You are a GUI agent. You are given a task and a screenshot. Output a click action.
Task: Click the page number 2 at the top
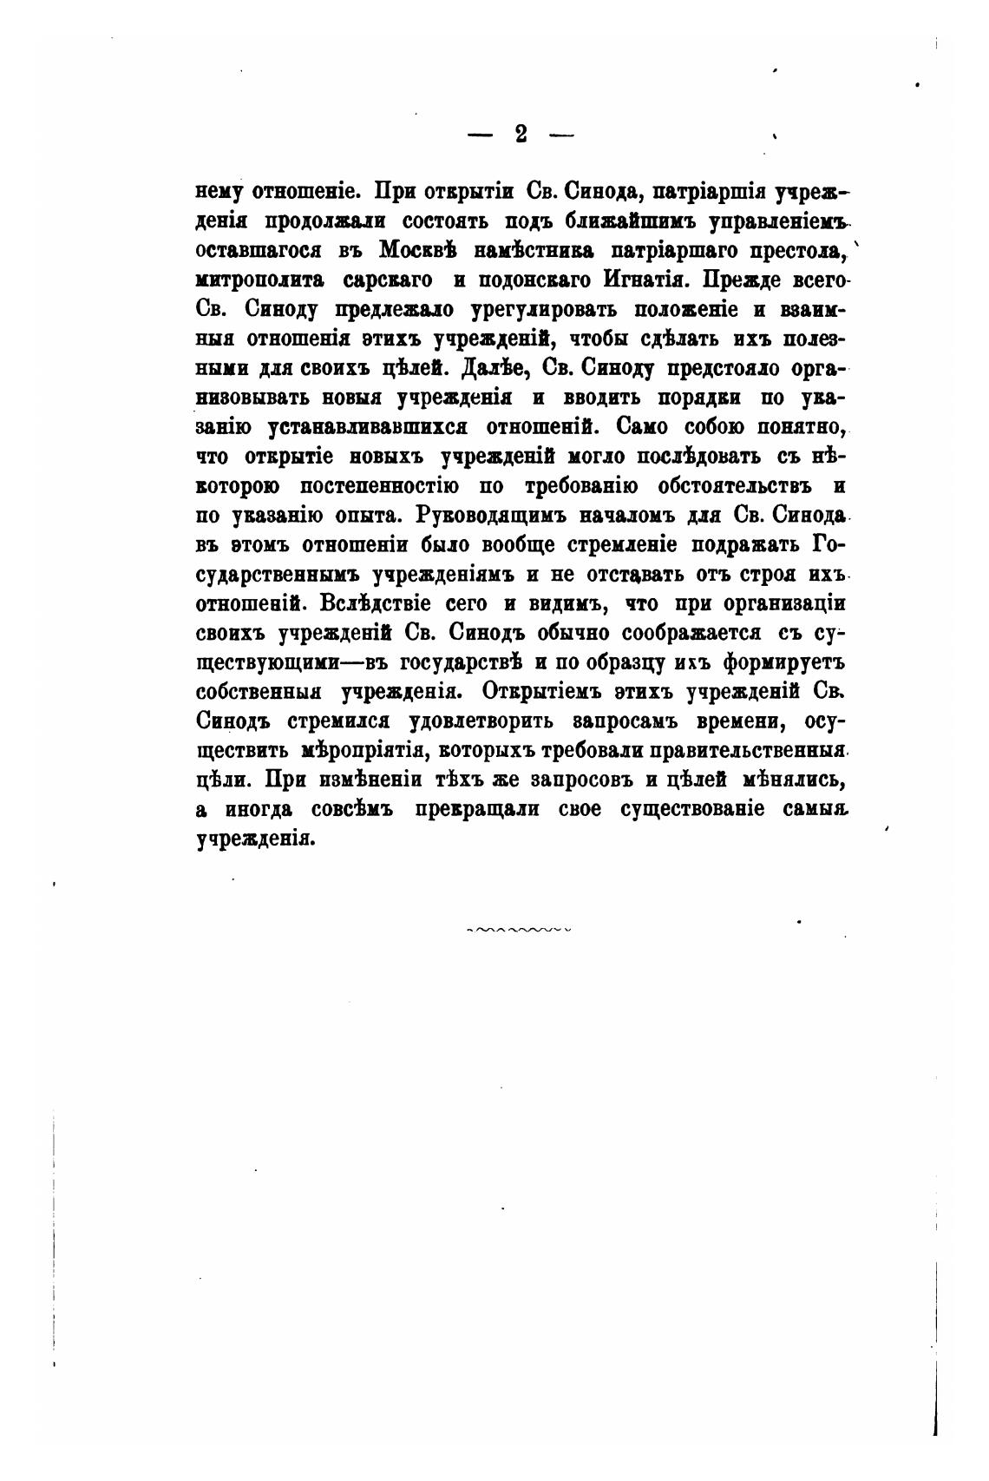coord(521,134)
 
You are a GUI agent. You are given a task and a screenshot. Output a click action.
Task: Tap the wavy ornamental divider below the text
coord(519,930)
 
